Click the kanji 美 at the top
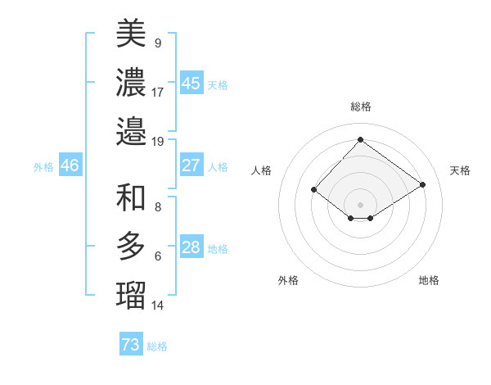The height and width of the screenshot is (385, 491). point(131,33)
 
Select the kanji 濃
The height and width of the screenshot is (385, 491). point(131,81)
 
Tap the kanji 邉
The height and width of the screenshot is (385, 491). point(131,130)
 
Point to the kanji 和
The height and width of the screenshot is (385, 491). point(131,197)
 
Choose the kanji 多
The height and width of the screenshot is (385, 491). point(131,246)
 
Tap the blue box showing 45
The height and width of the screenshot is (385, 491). point(191,84)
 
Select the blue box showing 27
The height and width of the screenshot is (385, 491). point(191,165)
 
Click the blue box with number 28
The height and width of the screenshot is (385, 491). point(191,248)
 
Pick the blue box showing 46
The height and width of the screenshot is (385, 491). point(70,165)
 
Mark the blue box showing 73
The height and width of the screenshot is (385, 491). point(131,345)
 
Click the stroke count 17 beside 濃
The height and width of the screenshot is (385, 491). point(158,92)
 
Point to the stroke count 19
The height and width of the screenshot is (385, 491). point(158,141)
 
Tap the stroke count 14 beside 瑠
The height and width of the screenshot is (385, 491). point(158,306)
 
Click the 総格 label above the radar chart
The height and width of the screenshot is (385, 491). point(360,106)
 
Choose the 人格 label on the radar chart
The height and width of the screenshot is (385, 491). point(261,170)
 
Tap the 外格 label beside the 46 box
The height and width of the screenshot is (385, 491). point(43,166)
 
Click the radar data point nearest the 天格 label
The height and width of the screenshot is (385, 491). point(422,184)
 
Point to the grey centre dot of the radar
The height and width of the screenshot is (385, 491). point(360,204)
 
